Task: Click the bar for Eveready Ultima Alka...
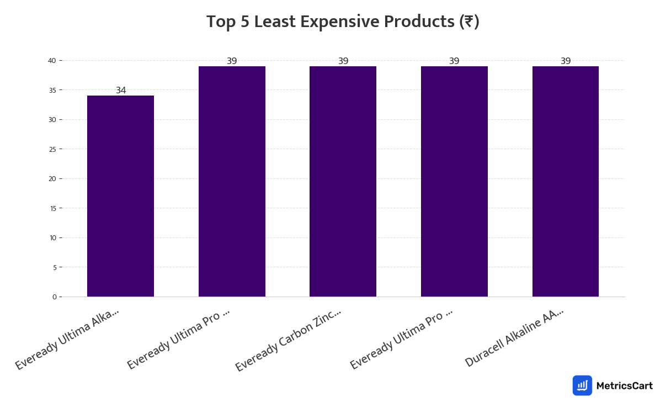(x=120, y=196)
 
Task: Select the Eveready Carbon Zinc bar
(x=343, y=181)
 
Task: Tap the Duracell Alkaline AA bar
(x=565, y=181)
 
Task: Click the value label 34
(x=121, y=91)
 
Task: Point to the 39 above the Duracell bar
(x=566, y=61)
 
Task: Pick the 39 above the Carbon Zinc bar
(x=343, y=61)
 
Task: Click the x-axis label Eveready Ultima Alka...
(x=67, y=339)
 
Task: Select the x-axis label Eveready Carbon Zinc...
(x=289, y=340)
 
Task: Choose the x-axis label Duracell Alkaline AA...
(x=514, y=337)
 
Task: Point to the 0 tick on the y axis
(x=55, y=297)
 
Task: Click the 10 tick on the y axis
(x=53, y=238)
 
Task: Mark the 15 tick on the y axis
(x=53, y=208)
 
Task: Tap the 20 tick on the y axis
(x=53, y=179)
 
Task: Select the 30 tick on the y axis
(x=53, y=120)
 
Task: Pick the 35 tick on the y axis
(x=53, y=90)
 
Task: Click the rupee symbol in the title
(x=468, y=22)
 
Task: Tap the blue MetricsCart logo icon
(x=582, y=385)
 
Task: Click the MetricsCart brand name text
(x=624, y=386)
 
